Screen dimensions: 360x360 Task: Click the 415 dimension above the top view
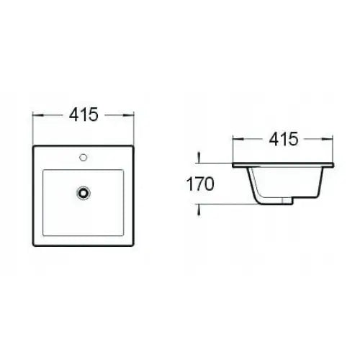pos(84,114)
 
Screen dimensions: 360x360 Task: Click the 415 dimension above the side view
pos(283,140)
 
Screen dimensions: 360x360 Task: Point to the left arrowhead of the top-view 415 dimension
pos(37,114)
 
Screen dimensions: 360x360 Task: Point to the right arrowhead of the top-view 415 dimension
pos(132,114)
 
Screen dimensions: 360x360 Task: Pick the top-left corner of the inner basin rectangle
pos(44,170)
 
